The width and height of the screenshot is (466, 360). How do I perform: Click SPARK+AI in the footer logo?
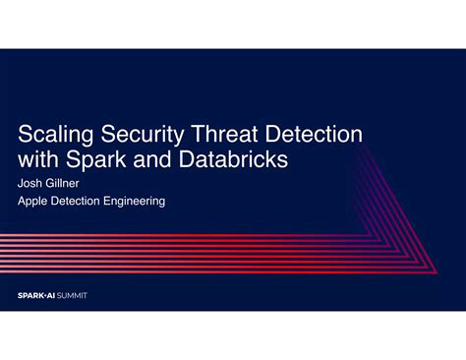[x=37, y=294]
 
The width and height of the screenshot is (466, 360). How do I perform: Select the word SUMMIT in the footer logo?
[x=72, y=294]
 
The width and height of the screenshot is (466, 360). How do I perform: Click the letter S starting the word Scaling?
[x=26, y=131]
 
